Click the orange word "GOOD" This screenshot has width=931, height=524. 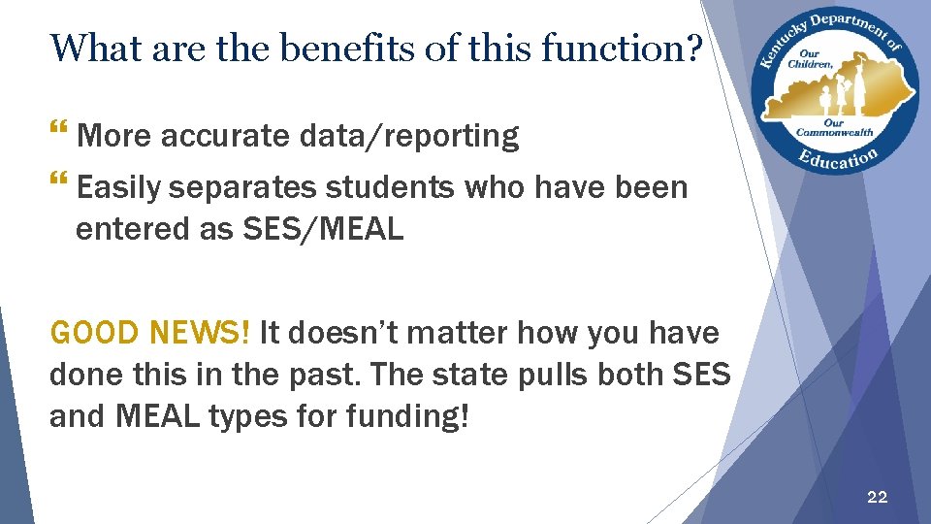[x=96, y=334]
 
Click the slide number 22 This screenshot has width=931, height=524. [x=877, y=497]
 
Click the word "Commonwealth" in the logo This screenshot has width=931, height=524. [x=834, y=133]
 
